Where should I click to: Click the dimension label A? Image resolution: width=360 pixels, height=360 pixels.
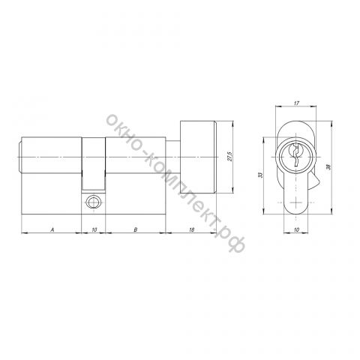52,229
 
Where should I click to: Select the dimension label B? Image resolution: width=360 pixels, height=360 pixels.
136,229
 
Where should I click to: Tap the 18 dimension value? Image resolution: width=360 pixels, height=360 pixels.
191,229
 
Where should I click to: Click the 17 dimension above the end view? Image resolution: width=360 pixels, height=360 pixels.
296,103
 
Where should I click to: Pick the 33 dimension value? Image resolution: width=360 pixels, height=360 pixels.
261,175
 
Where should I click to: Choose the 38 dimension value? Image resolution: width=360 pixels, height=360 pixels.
329,167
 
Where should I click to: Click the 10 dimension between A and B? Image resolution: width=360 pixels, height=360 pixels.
94,229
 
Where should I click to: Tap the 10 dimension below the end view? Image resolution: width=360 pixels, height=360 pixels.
296,229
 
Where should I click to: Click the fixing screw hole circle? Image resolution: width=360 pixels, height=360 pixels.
93,202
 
